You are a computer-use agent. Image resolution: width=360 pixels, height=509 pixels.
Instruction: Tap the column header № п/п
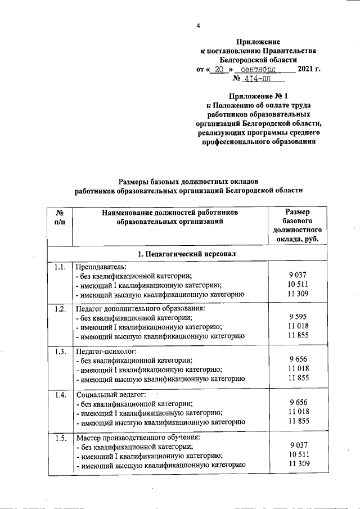pyautogui.click(x=60, y=217)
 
